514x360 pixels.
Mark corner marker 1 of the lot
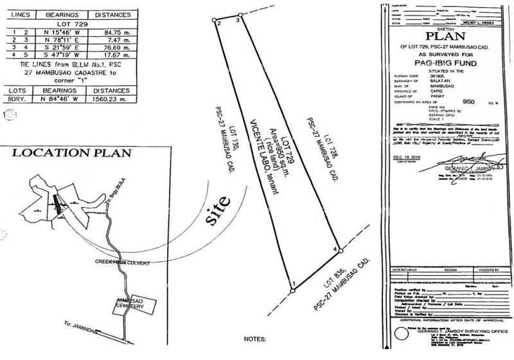click(x=292, y=290)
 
